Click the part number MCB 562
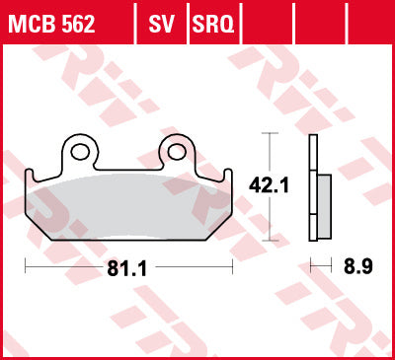(x=51, y=24)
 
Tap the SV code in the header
(x=161, y=24)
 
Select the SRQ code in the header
(x=213, y=24)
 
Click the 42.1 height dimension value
(x=269, y=185)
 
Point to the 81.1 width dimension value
(x=126, y=269)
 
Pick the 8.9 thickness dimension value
(x=358, y=266)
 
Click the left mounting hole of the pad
(x=80, y=152)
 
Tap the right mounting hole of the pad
(x=177, y=152)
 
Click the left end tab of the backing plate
(x=30, y=175)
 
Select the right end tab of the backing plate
(x=228, y=175)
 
